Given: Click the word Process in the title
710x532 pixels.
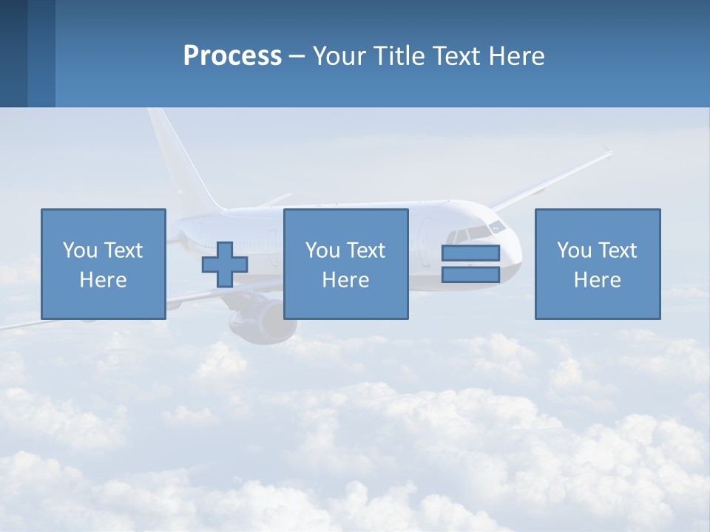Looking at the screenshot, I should pyautogui.click(x=232, y=56).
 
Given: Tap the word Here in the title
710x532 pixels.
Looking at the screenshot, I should pyautogui.click(x=516, y=56).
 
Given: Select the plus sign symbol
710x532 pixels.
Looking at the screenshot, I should pyautogui.click(x=225, y=265).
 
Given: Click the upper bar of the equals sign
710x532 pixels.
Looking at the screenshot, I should pyautogui.click(x=470, y=253).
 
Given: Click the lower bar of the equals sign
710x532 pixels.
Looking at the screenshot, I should pyautogui.click(x=470, y=275).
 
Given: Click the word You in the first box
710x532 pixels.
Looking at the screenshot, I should pyautogui.click(x=81, y=250).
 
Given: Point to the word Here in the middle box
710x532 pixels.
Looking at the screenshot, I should pyautogui.click(x=345, y=280).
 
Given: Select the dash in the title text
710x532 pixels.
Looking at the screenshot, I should pyautogui.click(x=297, y=56).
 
